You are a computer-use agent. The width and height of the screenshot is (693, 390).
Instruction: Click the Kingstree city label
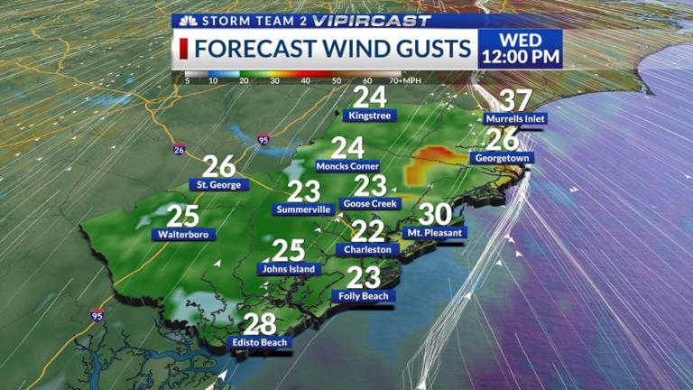pos(371,116)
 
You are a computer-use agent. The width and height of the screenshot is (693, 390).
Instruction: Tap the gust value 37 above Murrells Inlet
pos(515,101)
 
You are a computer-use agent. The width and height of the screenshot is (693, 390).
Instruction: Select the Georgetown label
pos(501,158)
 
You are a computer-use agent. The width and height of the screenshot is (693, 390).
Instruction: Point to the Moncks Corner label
pos(347,166)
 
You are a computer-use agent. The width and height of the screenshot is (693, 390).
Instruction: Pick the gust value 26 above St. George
pos(218,166)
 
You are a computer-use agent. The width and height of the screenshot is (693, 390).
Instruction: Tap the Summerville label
pos(304,209)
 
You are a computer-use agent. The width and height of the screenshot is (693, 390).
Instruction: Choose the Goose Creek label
pos(369,203)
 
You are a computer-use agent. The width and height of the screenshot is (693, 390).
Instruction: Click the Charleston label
pos(367,249)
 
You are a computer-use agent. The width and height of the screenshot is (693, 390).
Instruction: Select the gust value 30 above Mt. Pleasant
pos(435,214)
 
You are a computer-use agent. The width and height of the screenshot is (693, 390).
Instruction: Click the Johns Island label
pos(288,268)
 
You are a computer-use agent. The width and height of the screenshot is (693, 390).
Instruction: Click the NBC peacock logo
pos(189,21)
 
